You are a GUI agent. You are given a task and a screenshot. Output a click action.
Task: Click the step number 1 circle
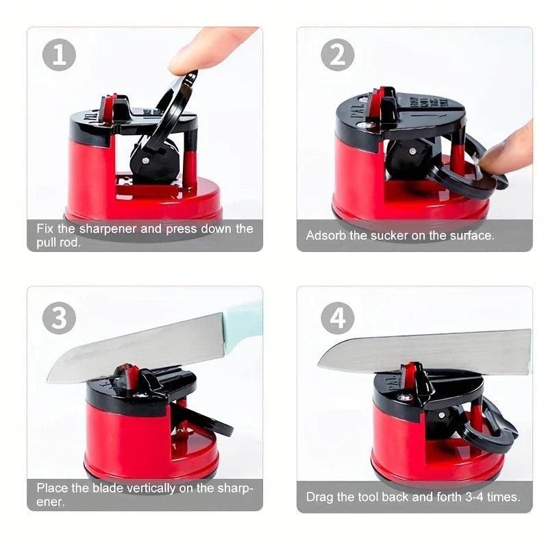59,55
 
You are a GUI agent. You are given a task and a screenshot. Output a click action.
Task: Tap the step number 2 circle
338,55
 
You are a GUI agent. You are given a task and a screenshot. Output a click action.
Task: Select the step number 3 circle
59,319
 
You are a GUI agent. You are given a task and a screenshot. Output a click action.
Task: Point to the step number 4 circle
338,319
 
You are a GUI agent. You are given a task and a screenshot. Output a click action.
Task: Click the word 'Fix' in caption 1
46,229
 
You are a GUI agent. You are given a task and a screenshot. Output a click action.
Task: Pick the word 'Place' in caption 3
51,489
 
